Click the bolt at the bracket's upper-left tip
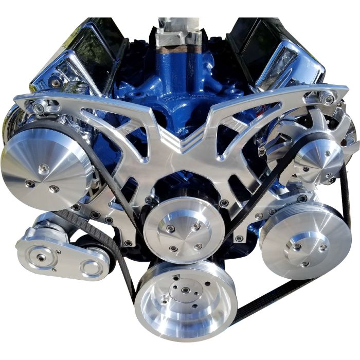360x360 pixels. pos(38,107)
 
